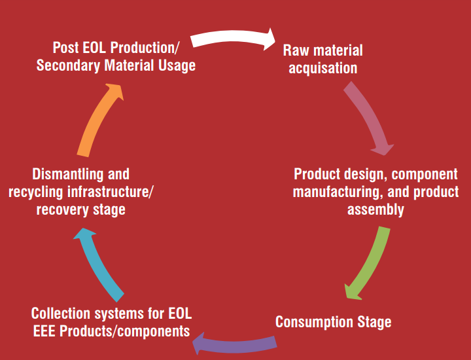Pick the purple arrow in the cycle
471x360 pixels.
234,346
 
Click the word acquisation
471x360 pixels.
323,68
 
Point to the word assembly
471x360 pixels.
375,209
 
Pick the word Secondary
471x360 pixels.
68,65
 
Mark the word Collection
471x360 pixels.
60,314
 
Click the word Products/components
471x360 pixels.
125,331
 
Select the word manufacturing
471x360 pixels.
338,192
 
